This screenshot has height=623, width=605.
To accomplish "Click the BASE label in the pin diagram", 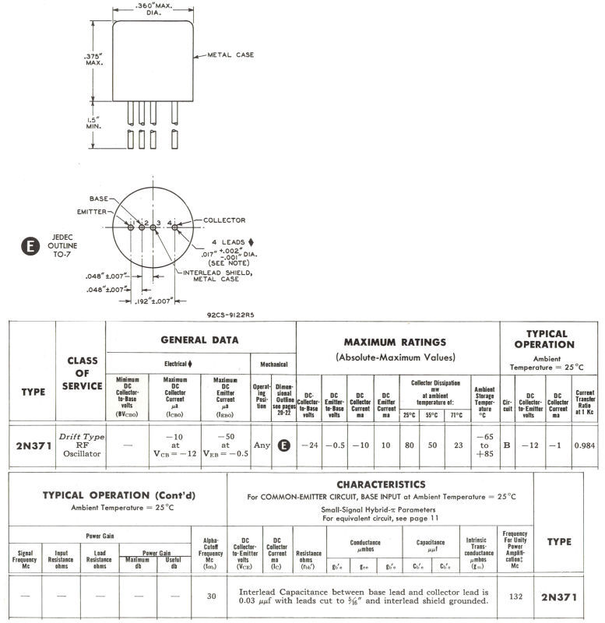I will [x=99, y=199].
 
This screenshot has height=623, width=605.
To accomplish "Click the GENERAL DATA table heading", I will [x=199, y=340].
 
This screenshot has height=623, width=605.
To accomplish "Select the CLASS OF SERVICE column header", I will [x=82, y=374].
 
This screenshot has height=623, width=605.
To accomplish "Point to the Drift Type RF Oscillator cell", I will [x=82, y=446].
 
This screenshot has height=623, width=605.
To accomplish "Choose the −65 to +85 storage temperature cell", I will [x=484, y=446].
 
